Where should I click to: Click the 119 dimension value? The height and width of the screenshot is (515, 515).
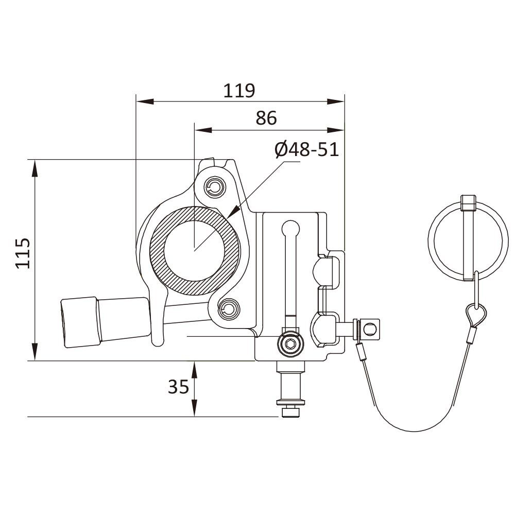tap(239, 91)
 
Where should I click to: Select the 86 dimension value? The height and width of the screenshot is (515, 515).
tap(266, 118)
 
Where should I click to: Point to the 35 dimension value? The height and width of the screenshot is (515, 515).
tap(179, 386)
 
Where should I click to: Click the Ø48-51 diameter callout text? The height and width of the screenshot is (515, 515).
tap(306, 149)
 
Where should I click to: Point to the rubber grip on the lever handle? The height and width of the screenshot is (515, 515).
tap(80, 322)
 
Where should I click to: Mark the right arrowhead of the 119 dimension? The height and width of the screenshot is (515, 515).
tap(337, 101)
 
